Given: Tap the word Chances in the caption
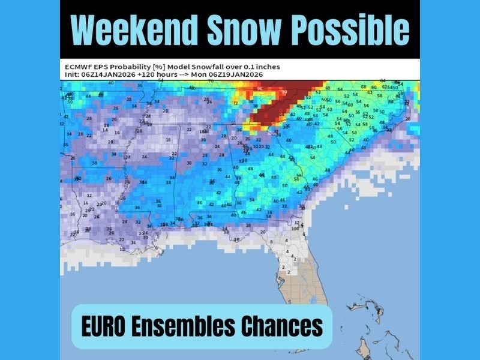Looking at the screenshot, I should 281,327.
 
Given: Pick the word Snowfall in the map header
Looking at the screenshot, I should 228,67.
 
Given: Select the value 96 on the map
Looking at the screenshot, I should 260,89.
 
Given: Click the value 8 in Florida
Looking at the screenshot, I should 271,242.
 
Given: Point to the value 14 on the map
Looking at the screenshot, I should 106,130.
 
